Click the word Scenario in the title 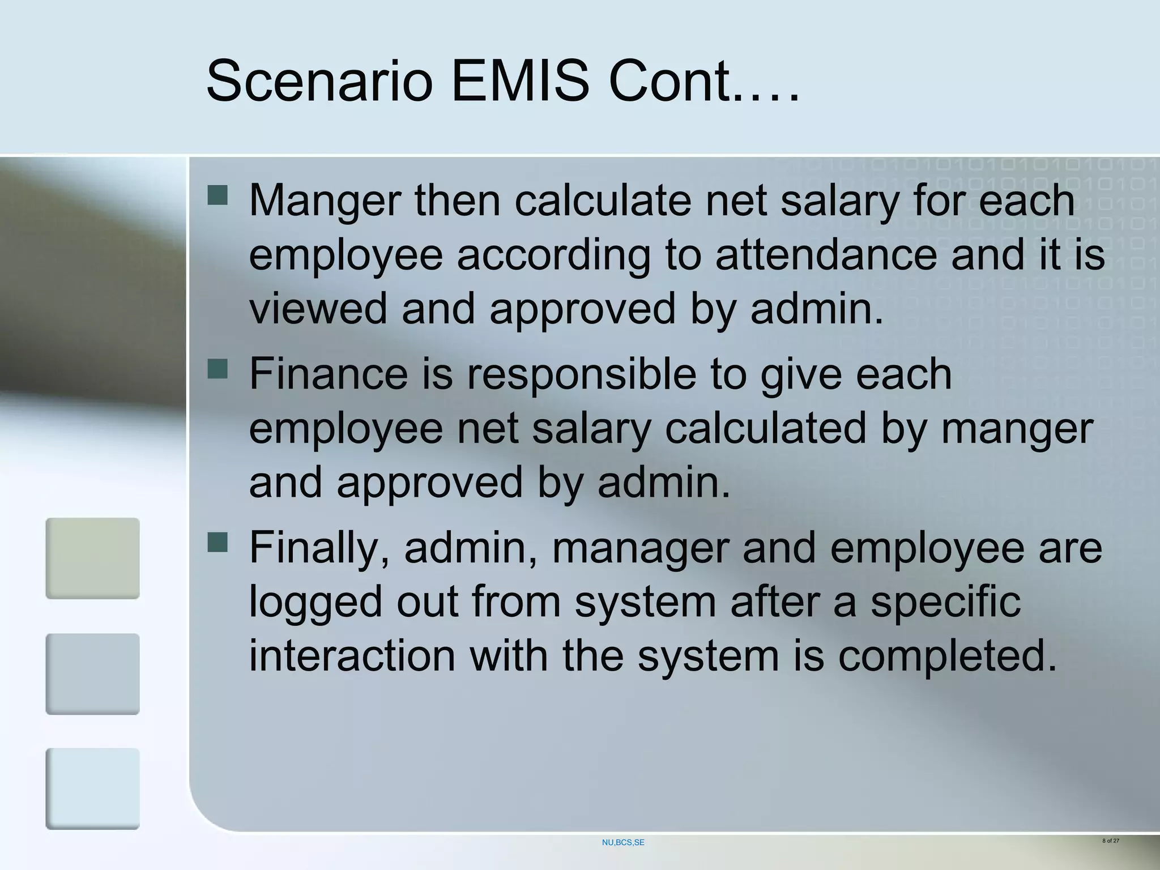click(x=319, y=82)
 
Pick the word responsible click(x=581, y=376)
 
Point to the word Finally click(x=319, y=549)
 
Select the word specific click(x=945, y=603)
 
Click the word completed click(x=947, y=657)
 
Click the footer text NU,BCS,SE click(x=623, y=843)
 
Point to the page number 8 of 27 click(x=1111, y=841)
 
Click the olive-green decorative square click(x=92, y=558)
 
